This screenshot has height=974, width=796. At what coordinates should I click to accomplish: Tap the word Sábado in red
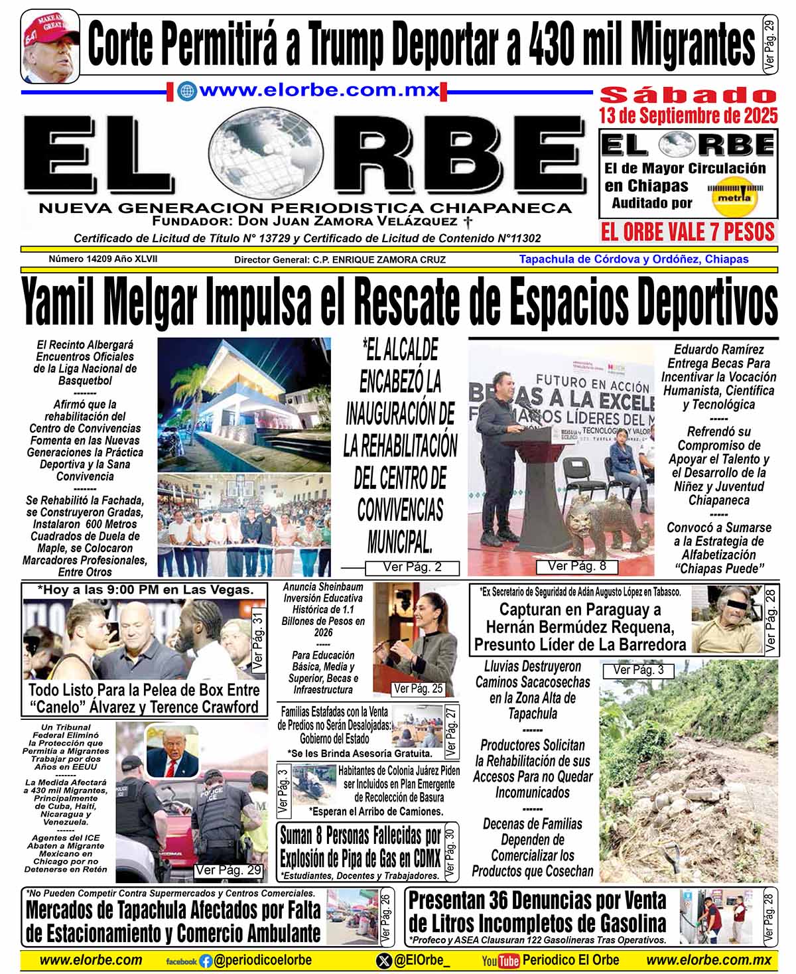coord(688,95)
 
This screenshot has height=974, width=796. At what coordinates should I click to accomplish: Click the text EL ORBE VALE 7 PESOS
coord(688,232)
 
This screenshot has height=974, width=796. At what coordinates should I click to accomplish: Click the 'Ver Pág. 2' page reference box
coord(412,567)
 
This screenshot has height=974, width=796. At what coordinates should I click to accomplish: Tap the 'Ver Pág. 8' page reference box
coord(576,566)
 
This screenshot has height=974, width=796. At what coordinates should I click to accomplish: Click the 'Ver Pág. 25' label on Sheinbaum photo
coord(418,689)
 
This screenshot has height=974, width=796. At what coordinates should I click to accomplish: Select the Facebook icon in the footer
coord(206,960)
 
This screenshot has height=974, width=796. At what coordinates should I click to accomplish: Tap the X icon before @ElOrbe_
coord(383,960)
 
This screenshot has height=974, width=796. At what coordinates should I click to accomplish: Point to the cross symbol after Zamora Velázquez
coord(468,222)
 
